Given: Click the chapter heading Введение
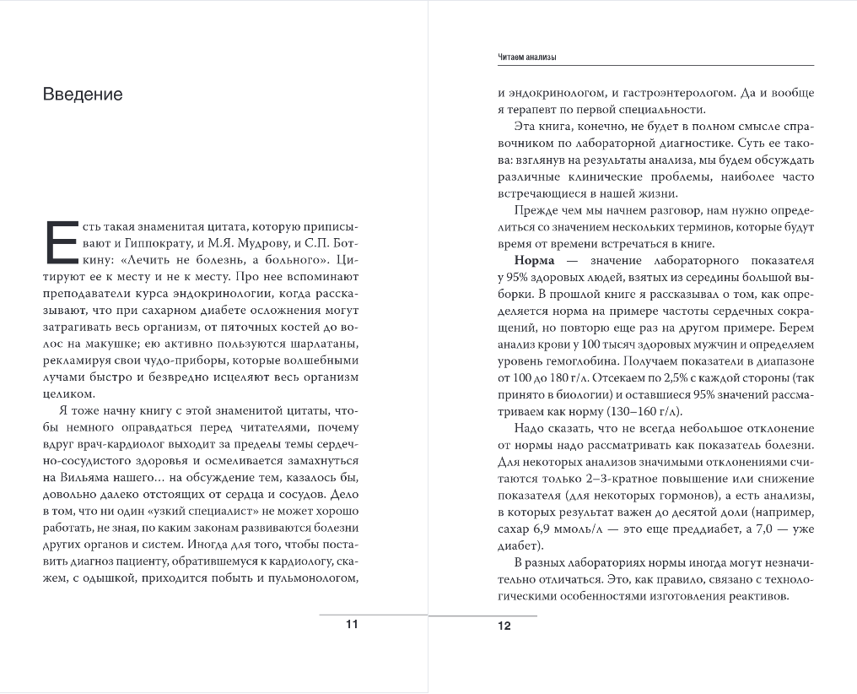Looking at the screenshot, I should (83, 95).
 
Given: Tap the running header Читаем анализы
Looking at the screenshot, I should (528, 57).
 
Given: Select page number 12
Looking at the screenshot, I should (504, 626).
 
